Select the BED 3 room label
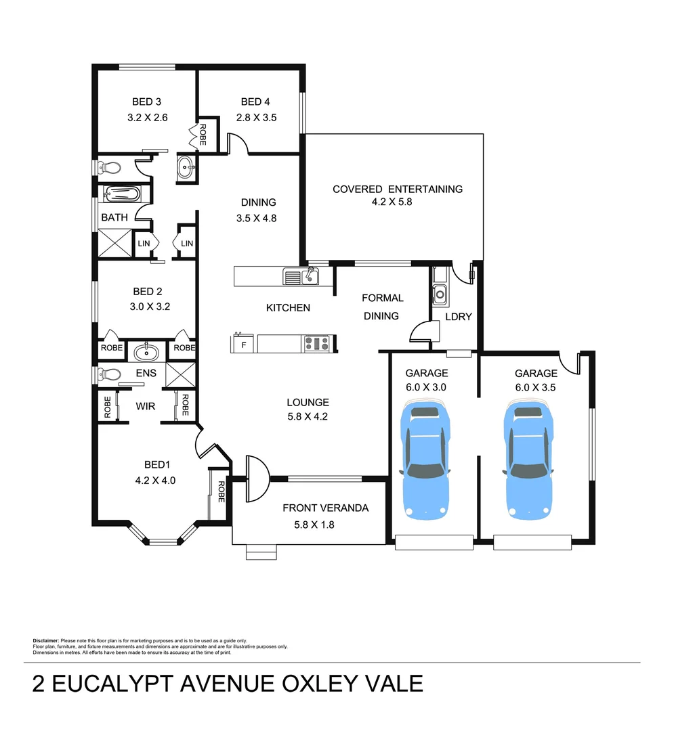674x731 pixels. tap(146, 102)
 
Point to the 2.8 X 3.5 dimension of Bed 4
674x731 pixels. tap(256, 117)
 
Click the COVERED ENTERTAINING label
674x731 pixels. tap(397, 189)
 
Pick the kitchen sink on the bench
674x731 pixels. tap(301, 276)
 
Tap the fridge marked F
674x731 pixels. tap(243, 344)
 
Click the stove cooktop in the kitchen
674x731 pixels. tap(317, 343)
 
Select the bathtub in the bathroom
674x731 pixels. tap(122, 195)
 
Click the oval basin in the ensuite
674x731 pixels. tap(146, 352)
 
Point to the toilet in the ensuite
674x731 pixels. tap(110, 374)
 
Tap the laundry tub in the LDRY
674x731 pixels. tap(440, 294)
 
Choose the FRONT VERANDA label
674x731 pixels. tap(325, 508)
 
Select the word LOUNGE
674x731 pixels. tap(308, 402)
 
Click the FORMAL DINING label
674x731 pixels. tap(382, 307)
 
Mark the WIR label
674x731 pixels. tap(146, 407)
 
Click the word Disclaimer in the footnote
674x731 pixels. tap(46, 640)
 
